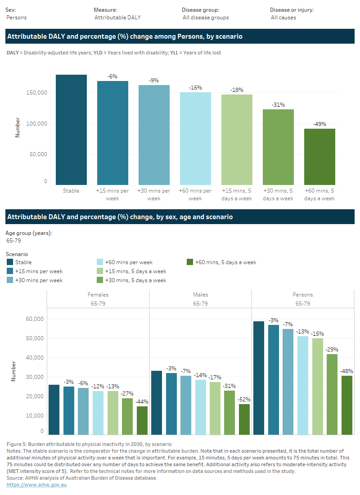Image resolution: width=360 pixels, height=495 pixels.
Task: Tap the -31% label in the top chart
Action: [278, 105]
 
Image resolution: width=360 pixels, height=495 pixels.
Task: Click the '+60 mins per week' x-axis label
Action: [195, 194]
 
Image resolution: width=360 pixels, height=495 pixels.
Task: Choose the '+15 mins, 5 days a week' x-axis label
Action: [237, 194]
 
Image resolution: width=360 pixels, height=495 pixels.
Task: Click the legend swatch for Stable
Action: [10, 262]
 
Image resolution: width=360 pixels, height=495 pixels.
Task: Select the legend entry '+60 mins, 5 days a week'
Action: [225, 262]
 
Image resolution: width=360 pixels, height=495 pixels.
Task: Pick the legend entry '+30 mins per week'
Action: [39, 280]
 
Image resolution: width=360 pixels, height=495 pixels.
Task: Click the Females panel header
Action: [98, 295]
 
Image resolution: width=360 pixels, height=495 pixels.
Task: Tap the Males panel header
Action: [200, 295]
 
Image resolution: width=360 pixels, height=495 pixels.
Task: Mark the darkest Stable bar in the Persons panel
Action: [259, 378]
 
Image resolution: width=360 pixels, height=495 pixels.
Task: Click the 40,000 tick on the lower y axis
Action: [35, 358]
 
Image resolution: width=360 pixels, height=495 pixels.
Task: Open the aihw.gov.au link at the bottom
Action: [36, 485]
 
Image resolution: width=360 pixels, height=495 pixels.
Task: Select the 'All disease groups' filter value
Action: [206, 18]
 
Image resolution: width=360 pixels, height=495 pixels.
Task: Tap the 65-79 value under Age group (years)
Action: [13, 241]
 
